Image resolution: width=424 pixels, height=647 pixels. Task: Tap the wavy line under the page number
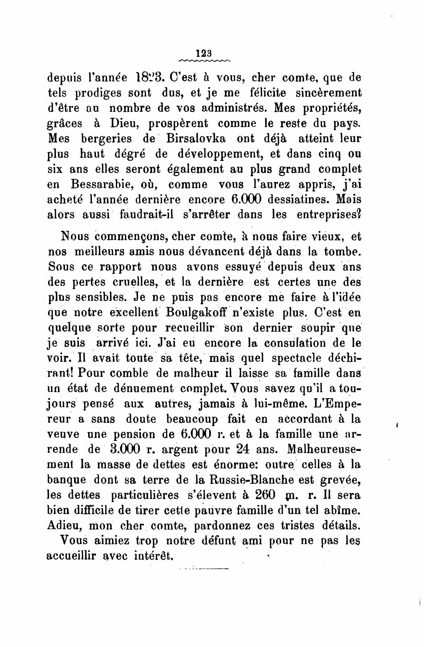coord(205,60)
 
